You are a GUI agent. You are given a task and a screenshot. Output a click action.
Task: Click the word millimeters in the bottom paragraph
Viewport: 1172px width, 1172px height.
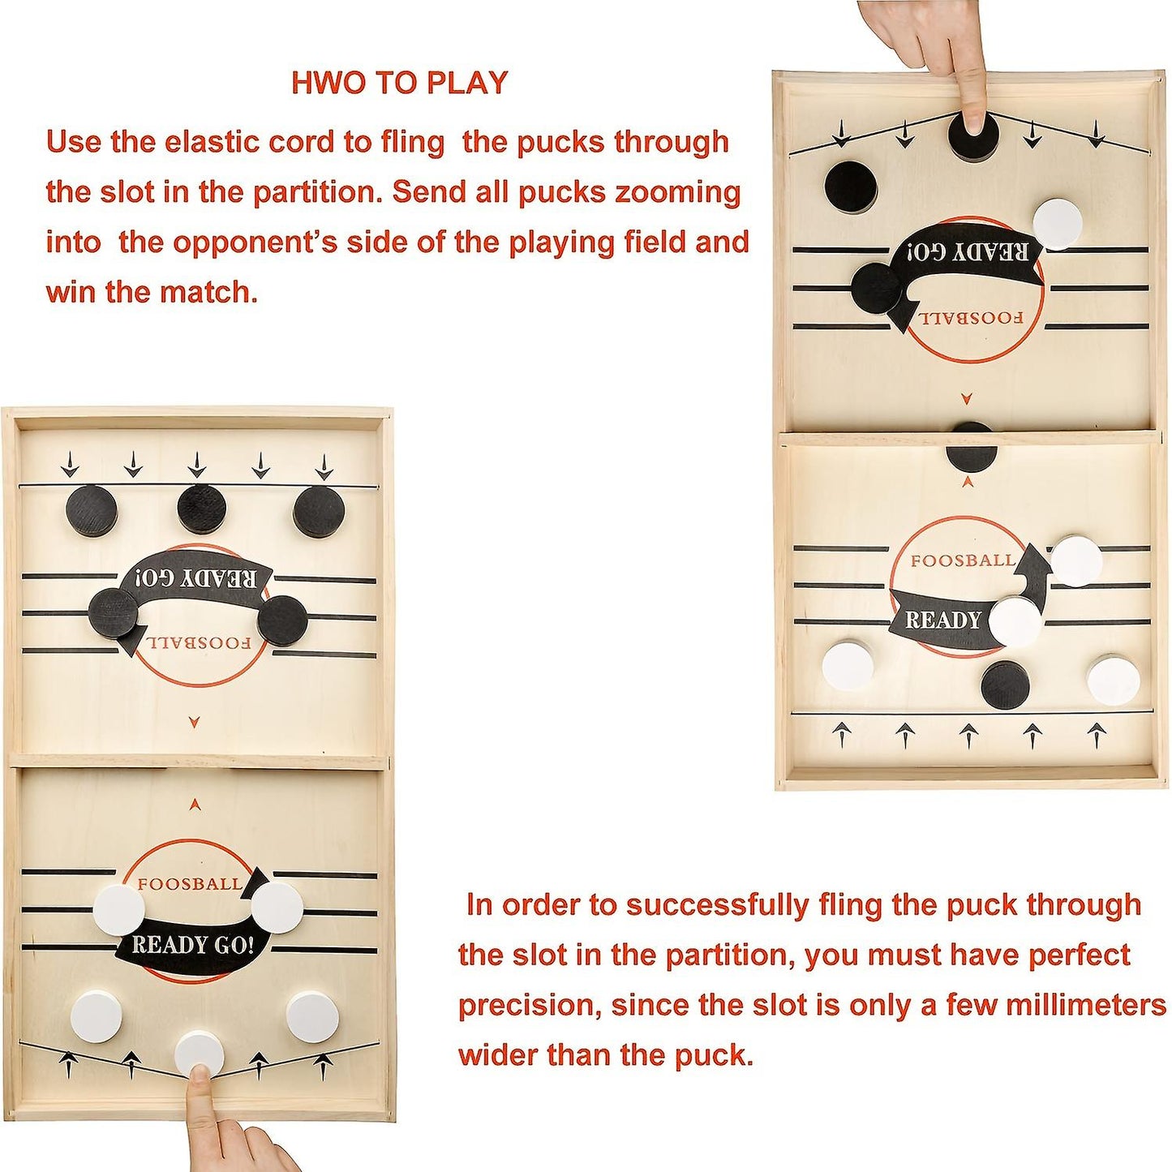pyautogui.click(x=1086, y=1005)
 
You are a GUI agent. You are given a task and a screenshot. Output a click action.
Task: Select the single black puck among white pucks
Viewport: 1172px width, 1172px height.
pyautogui.click(x=1005, y=685)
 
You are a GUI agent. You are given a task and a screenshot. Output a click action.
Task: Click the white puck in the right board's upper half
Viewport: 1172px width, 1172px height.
pyautogui.click(x=1057, y=224)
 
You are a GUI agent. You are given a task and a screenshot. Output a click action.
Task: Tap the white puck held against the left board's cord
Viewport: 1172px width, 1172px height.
pyautogui.click(x=199, y=1052)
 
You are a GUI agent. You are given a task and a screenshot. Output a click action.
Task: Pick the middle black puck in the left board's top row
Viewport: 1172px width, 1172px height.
pyautogui.click(x=201, y=509)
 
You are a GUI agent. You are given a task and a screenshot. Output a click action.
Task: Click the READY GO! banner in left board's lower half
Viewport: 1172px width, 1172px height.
pyautogui.click(x=193, y=945)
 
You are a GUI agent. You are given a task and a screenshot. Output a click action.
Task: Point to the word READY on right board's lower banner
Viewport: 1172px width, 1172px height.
pyautogui.click(x=942, y=620)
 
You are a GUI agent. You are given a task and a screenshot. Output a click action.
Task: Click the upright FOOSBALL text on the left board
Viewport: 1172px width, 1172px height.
pyautogui.click(x=190, y=883)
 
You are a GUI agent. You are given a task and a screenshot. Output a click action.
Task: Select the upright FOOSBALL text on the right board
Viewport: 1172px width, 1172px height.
pyautogui.click(x=962, y=560)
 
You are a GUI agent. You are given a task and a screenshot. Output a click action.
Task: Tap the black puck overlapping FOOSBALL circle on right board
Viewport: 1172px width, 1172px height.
pyautogui.click(x=877, y=288)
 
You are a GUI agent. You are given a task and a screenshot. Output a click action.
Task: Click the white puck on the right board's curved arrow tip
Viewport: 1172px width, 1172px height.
pyautogui.click(x=1075, y=560)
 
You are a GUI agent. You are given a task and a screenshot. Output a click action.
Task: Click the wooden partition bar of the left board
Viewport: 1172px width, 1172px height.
pyautogui.click(x=199, y=762)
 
